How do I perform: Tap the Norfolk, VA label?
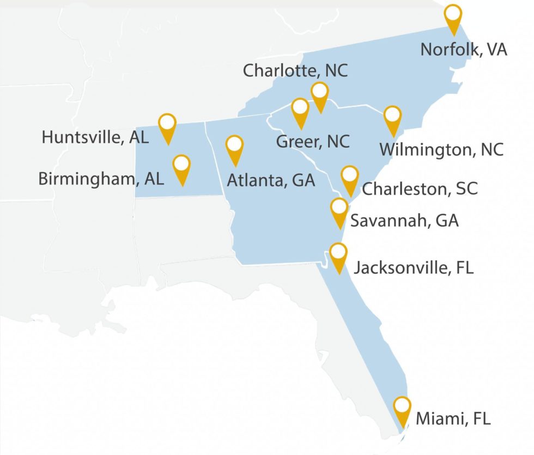tap(464, 50)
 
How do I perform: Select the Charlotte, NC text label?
tap(295, 70)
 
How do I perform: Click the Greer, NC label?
tap(313, 142)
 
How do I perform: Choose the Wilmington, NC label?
tap(441, 149)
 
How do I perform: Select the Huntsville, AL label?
tap(95, 137)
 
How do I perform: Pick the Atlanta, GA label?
tap(271, 180)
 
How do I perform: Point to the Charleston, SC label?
tap(420, 189)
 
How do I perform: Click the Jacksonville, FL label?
tap(414, 268)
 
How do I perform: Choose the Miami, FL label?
tap(453, 419)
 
